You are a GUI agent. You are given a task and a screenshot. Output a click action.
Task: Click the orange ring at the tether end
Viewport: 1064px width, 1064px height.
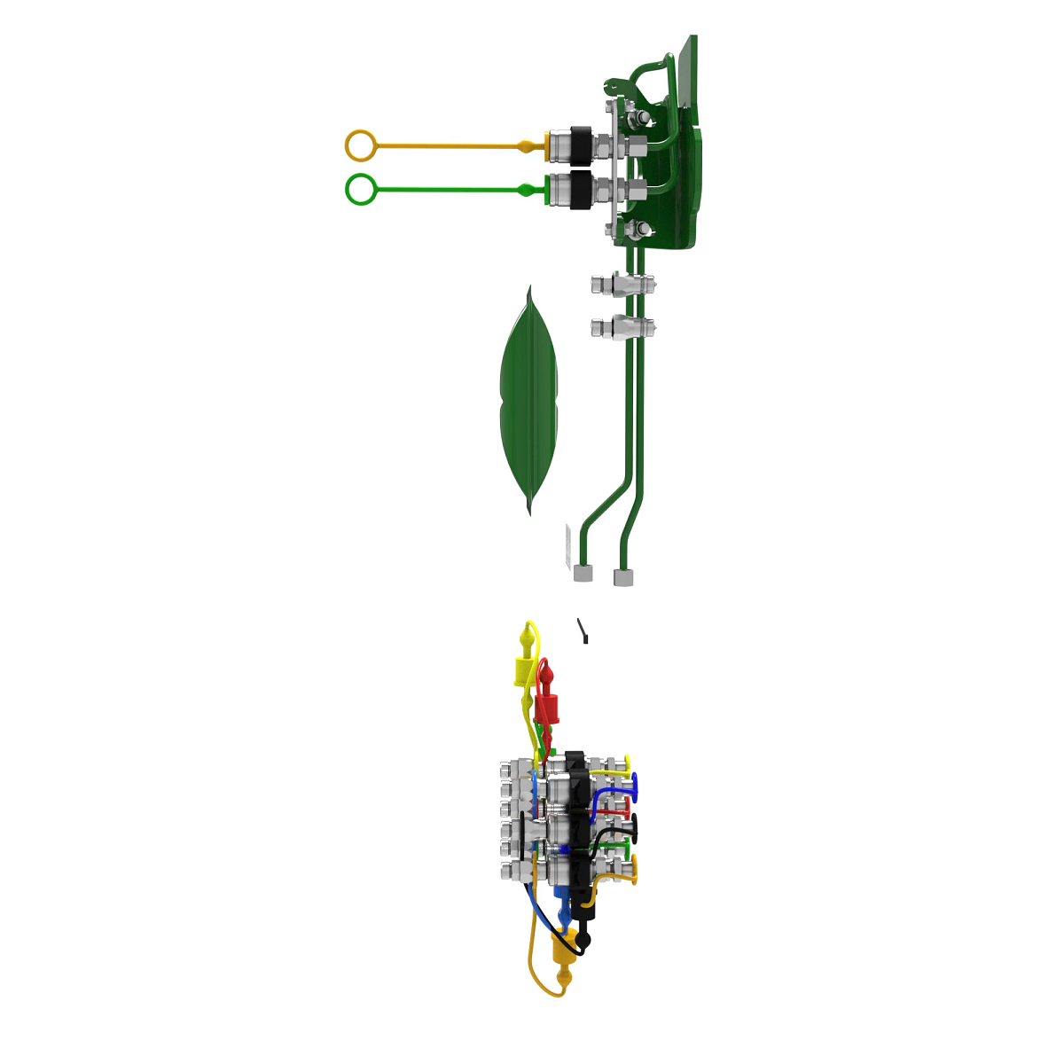(x=361, y=145)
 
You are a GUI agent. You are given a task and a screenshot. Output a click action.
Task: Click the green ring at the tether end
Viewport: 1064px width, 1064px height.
(x=361, y=190)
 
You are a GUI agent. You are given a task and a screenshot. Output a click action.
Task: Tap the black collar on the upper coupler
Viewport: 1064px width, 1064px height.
(x=581, y=144)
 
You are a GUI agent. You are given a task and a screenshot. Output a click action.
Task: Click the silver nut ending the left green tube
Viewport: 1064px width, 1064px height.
(x=583, y=574)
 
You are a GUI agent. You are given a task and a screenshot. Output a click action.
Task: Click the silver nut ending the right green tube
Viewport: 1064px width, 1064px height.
(x=624, y=578)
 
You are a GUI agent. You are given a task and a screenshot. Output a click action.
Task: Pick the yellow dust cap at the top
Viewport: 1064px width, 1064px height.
(x=523, y=670)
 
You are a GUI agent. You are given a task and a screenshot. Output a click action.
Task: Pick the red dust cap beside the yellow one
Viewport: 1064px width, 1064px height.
(x=547, y=708)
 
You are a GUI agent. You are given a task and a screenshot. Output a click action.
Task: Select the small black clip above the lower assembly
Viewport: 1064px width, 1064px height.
(x=583, y=631)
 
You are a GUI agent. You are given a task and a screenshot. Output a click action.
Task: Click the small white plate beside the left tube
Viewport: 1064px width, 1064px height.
(x=567, y=545)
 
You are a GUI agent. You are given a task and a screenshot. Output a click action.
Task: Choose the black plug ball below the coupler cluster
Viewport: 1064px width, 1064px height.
(x=583, y=939)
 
